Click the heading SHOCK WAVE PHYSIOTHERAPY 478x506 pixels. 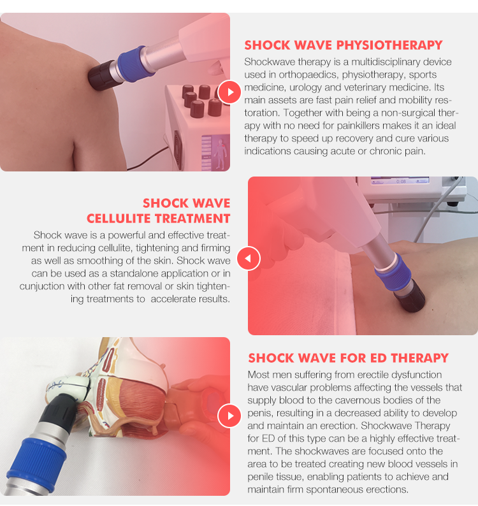[x=343, y=45]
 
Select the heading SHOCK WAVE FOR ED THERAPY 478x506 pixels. [x=348, y=358]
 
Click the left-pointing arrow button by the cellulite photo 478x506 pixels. [x=249, y=259]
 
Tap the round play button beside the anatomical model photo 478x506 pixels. [x=229, y=416]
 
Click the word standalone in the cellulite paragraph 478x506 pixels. [x=138, y=273]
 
